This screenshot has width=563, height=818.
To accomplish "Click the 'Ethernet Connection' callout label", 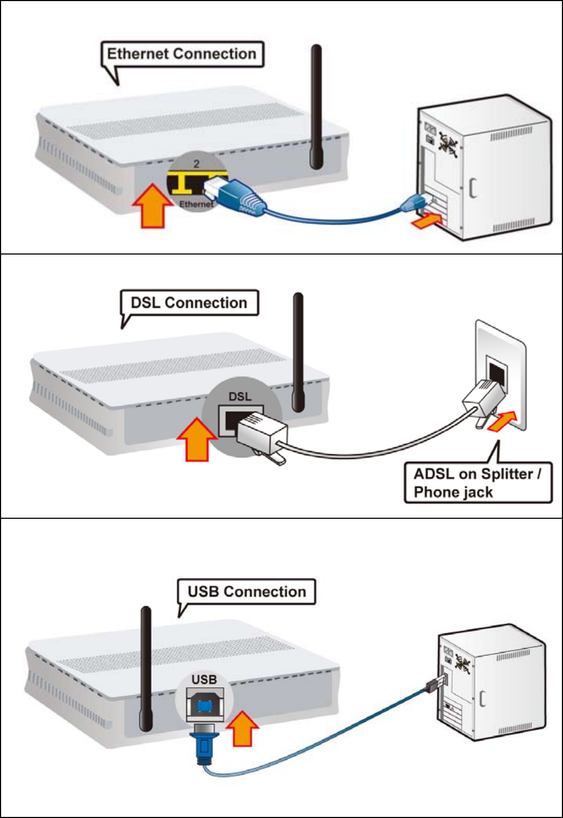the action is coord(182,54).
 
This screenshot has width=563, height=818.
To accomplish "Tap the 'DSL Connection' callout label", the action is coord(189,303).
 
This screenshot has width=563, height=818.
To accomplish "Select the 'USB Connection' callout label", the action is coord(247,591).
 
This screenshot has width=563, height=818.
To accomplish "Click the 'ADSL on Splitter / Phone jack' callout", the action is coord(478,483).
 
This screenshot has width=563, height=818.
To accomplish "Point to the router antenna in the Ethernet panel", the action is coord(316,107).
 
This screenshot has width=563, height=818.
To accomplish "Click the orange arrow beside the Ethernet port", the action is coord(153,206).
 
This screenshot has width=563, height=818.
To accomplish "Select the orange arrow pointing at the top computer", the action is coord(427,221).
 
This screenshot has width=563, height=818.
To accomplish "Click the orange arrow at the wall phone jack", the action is coord(502,421).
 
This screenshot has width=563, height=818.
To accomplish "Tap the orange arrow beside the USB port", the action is coord(243,728).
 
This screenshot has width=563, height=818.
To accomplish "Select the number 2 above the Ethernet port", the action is coord(196,164).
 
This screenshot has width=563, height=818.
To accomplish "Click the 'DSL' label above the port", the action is coord(240,397).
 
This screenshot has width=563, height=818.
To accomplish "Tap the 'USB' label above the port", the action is coord(204,679).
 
